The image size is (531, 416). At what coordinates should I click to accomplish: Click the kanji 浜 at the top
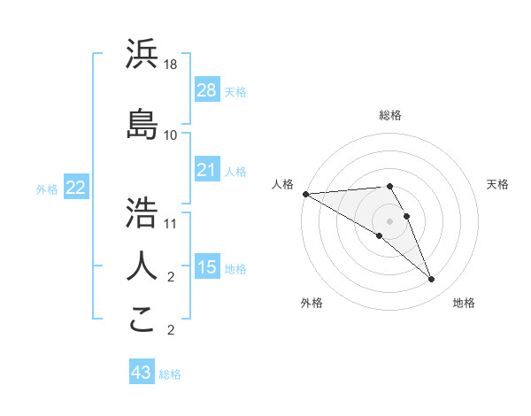pyautogui.click(x=142, y=54)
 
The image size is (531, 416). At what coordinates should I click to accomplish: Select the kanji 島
pyautogui.click(x=142, y=123)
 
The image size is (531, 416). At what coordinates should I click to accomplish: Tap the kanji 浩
pyautogui.click(x=142, y=212)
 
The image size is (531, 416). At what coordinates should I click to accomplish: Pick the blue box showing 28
pyautogui.click(x=207, y=90)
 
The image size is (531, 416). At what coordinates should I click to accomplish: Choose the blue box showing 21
pyautogui.click(x=207, y=170)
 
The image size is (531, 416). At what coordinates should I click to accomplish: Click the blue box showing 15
pyautogui.click(x=207, y=267)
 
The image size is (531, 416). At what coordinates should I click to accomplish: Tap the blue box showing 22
pyautogui.click(x=75, y=188)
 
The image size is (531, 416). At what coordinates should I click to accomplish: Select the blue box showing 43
pyautogui.click(x=142, y=373)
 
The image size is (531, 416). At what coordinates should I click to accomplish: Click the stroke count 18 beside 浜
pyautogui.click(x=171, y=65)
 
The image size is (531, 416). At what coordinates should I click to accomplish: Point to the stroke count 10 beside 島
pyautogui.click(x=171, y=135)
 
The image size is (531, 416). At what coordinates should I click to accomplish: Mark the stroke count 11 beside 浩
pyautogui.click(x=171, y=223)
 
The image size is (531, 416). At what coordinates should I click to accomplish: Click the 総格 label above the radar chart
pyautogui.click(x=390, y=115)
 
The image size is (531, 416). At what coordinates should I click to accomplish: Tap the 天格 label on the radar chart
pyautogui.click(x=498, y=184)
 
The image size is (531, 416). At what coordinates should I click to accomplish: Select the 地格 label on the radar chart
pyautogui.click(x=464, y=303)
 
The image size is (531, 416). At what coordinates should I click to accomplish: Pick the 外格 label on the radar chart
pyautogui.click(x=312, y=303)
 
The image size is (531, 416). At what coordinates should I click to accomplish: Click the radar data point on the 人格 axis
pyautogui.click(x=305, y=193)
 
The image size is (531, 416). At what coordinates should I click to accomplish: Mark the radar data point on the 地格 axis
pyautogui.click(x=431, y=279)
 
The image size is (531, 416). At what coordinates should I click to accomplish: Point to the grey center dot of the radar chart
pyautogui.click(x=389, y=220)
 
